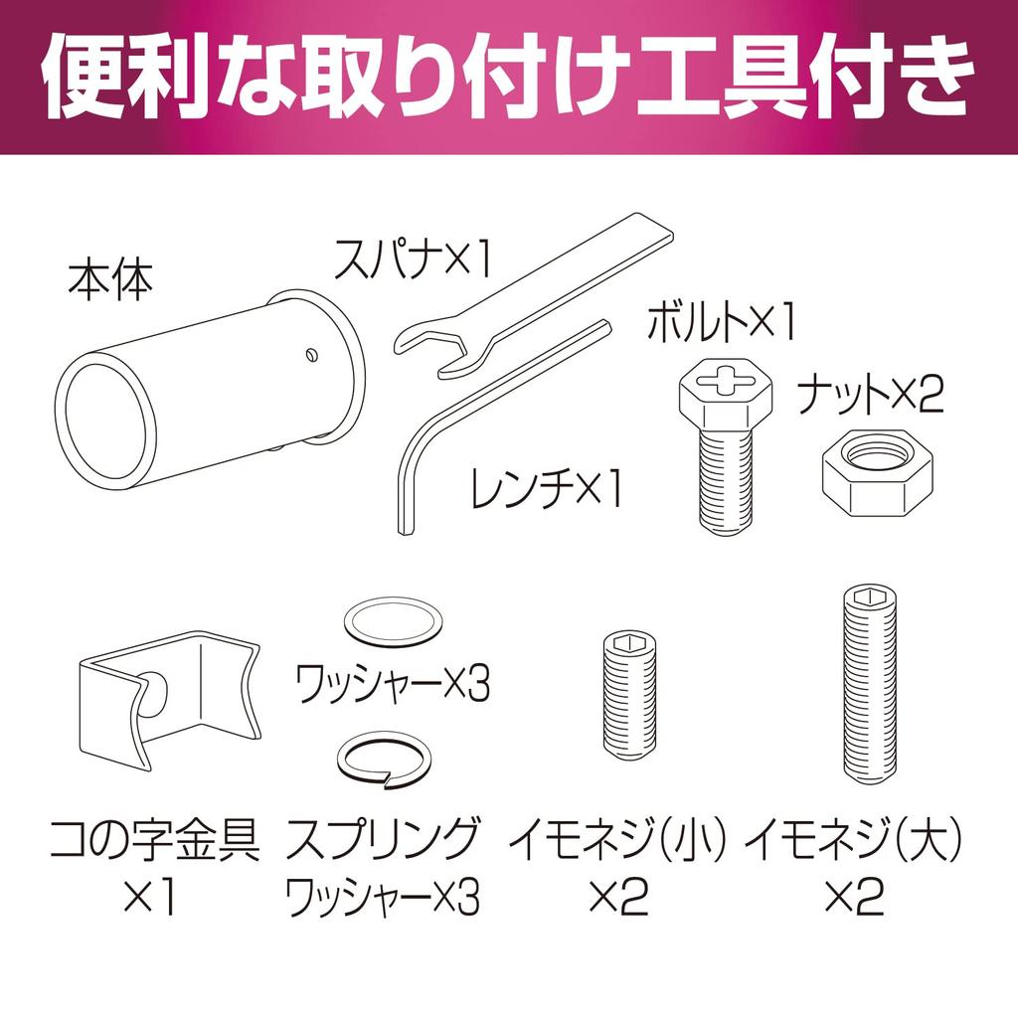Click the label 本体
[110, 281]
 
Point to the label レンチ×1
[547, 489]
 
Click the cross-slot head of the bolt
[723, 384]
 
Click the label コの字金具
[154, 844]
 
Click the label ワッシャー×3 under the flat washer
[393, 684]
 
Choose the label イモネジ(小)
[619, 844]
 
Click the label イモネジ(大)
[855, 844]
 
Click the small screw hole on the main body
[312, 351]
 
